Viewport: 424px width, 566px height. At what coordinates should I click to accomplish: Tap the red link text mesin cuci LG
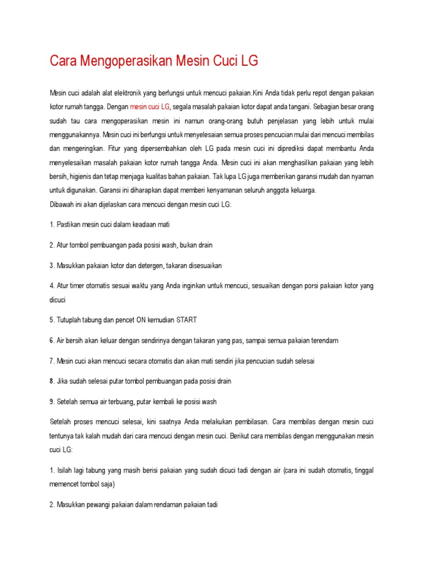pyautogui.click(x=150, y=107)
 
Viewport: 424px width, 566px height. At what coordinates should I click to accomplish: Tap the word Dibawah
pyautogui.click(x=62, y=204)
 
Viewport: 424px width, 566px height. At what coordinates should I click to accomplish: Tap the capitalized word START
pyautogui.click(x=187, y=320)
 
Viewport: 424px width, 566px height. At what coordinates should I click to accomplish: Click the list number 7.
pyautogui.click(x=52, y=361)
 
